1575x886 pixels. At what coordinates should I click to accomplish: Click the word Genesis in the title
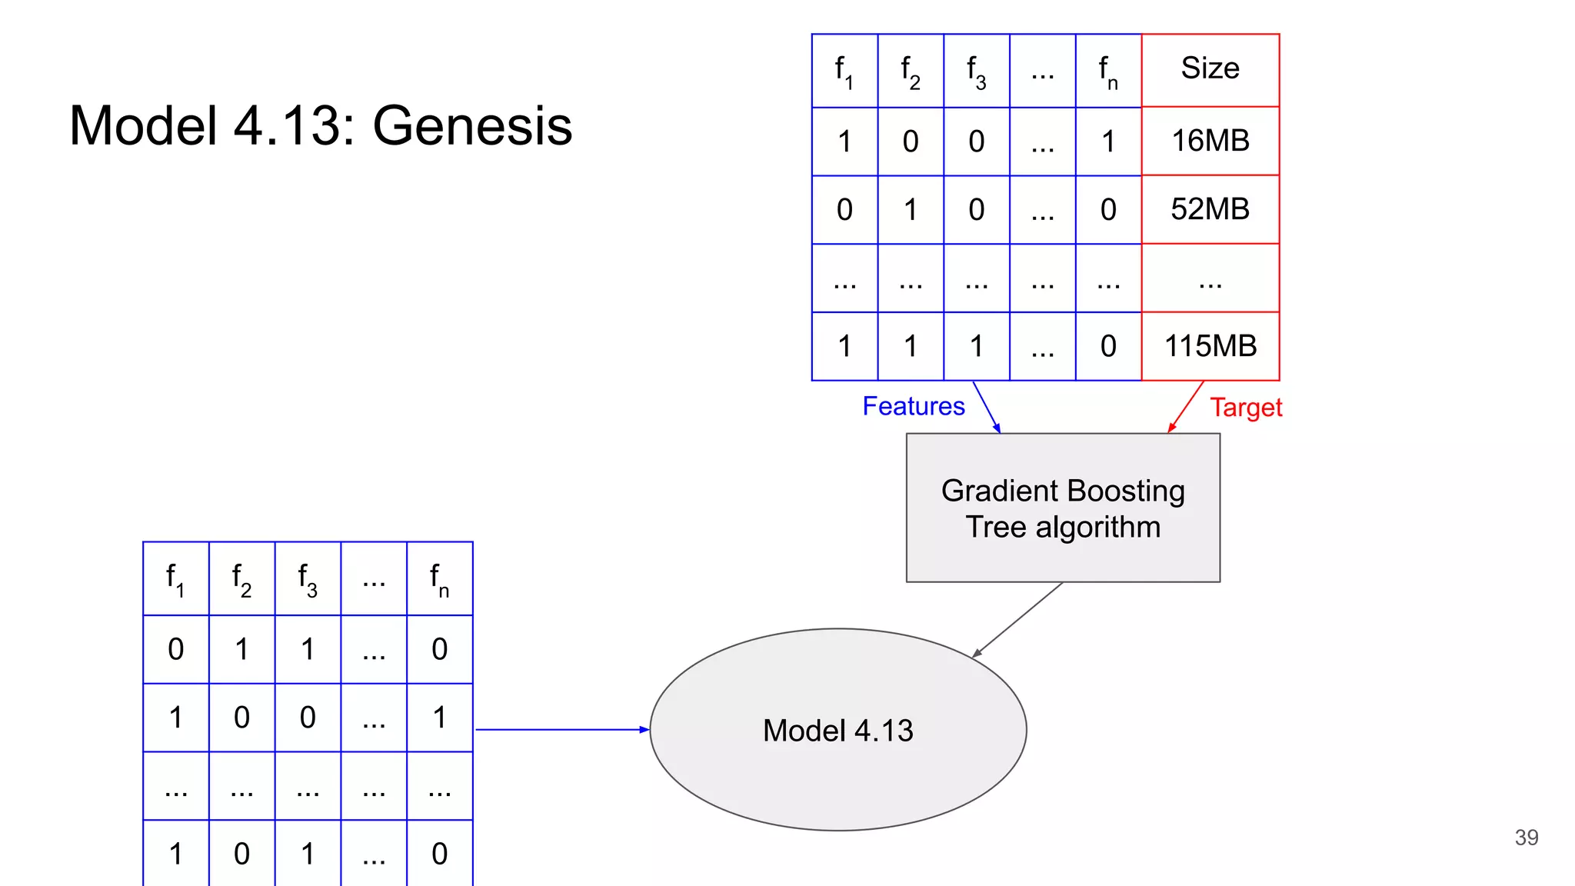(472, 125)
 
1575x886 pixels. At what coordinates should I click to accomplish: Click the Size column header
(1210, 68)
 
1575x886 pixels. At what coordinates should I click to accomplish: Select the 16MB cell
(1210, 141)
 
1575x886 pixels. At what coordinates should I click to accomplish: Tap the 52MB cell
(1210, 209)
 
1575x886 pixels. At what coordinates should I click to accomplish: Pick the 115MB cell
(1210, 346)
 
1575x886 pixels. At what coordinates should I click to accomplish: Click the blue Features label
(913, 406)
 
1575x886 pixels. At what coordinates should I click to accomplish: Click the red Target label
(1245, 408)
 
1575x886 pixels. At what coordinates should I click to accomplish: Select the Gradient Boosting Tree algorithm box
(1063, 508)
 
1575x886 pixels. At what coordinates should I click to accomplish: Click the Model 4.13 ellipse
(837, 730)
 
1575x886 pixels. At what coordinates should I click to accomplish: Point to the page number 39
(1526, 838)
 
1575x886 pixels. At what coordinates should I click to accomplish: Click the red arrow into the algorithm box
(1185, 407)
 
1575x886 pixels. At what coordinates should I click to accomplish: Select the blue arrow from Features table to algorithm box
(987, 407)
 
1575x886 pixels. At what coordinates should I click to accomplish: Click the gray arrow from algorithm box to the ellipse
(1017, 620)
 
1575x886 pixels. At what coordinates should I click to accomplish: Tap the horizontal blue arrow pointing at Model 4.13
(561, 729)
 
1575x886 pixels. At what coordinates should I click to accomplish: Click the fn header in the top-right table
(1107, 71)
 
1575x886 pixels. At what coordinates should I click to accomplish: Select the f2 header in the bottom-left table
(241, 578)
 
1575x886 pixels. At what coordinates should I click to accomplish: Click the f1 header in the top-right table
(844, 71)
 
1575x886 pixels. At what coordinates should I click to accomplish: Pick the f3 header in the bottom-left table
(308, 578)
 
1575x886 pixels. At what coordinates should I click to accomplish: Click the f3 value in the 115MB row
(976, 346)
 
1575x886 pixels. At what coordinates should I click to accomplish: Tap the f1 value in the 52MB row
(844, 209)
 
